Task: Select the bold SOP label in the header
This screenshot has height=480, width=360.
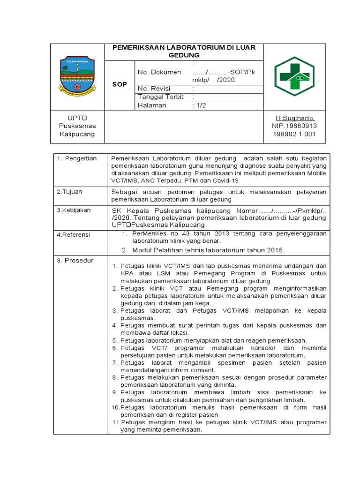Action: (x=120, y=84)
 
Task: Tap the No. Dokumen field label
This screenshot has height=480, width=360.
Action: (x=159, y=72)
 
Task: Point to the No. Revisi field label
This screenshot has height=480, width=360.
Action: (x=154, y=89)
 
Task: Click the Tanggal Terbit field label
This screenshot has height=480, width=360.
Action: (x=160, y=97)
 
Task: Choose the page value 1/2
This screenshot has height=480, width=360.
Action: (x=199, y=105)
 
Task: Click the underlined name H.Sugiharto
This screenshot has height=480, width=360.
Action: (x=294, y=118)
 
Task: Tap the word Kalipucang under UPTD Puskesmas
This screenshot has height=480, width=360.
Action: (x=77, y=134)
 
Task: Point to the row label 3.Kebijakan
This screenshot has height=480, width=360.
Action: (x=74, y=210)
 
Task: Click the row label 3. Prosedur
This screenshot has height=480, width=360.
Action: (x=75, y=260)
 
